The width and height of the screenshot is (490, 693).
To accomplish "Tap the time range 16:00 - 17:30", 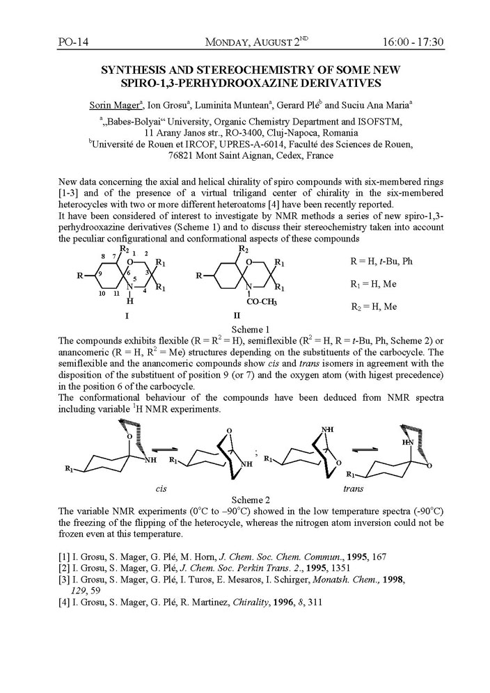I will tap(413, 43).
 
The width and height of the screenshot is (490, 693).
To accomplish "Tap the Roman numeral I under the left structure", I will tap(127, 315).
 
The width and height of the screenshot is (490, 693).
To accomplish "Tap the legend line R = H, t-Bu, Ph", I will tap(381, 262).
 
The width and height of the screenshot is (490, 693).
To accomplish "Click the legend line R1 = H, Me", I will tap(374, 285).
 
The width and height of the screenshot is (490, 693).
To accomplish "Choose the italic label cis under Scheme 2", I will tap(161, 489).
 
